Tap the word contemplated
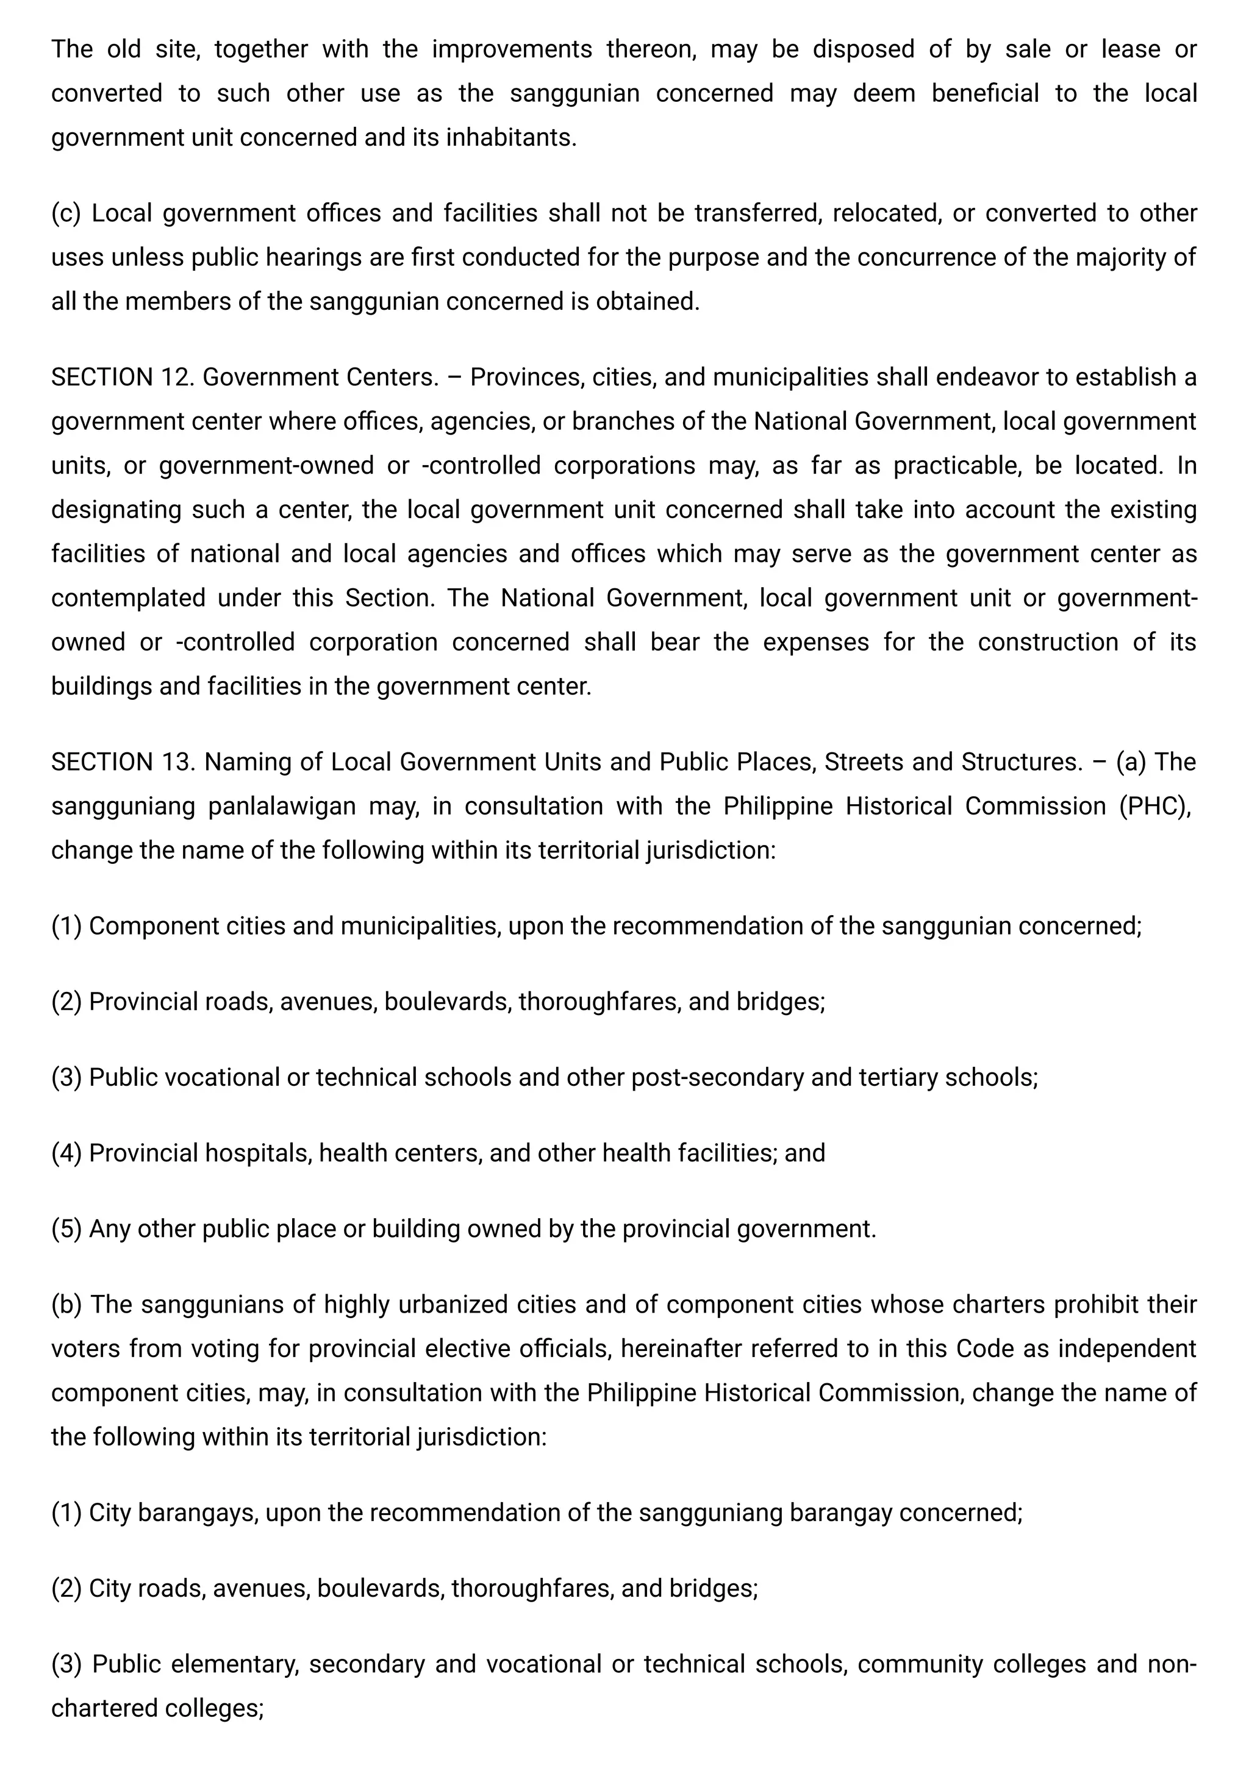tap(128, 598)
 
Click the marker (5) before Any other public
tap(66, 1229)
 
